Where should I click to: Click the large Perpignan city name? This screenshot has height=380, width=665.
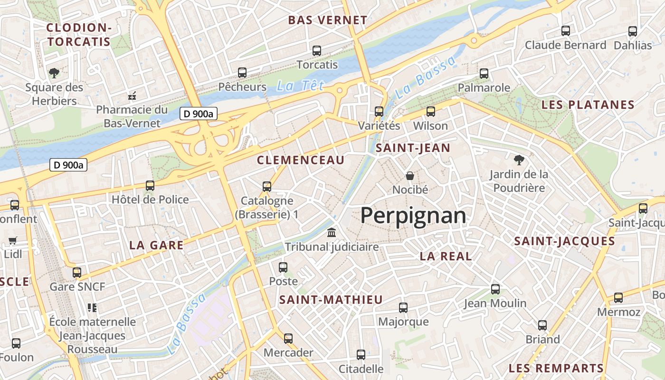[x=413, y=216]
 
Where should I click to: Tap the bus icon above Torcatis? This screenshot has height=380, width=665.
[x=317, y=50]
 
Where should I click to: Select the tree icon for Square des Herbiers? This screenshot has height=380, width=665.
[x=54, y=73]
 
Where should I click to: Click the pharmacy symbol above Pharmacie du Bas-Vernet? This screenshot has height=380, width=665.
[x=132, y=96]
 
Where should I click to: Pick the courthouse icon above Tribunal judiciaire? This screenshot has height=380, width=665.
[x=332, y=233]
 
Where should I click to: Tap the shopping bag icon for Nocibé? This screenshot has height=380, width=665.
[x=410, y=175]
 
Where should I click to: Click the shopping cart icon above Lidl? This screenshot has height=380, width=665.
[x=13, y=240]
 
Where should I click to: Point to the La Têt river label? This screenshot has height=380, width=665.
[x=300, y=86]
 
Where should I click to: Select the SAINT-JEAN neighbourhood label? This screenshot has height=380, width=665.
[x=413, y=148]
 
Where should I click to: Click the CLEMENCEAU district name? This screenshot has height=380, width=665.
[x=301, y=161]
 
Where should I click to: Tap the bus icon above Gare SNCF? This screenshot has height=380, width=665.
[x=77, y=273]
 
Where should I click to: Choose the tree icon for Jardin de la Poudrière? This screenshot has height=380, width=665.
[x=519, y=160]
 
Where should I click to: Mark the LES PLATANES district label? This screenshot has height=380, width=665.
[x=588, y=105]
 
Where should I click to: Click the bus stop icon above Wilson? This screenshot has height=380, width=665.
[x=430, y=112]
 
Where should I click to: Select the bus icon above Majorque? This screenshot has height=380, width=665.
[x=403, y=308]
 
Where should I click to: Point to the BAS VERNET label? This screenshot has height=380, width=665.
[x=328, y=20]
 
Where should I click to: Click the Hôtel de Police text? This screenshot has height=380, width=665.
[x=150, y=199]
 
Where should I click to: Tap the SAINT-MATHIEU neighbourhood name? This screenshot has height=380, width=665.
[x=331, y=300]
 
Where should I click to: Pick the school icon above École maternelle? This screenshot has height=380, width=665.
[x=92, y=308]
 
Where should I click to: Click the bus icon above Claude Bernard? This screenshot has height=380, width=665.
[x=565, y=31]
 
